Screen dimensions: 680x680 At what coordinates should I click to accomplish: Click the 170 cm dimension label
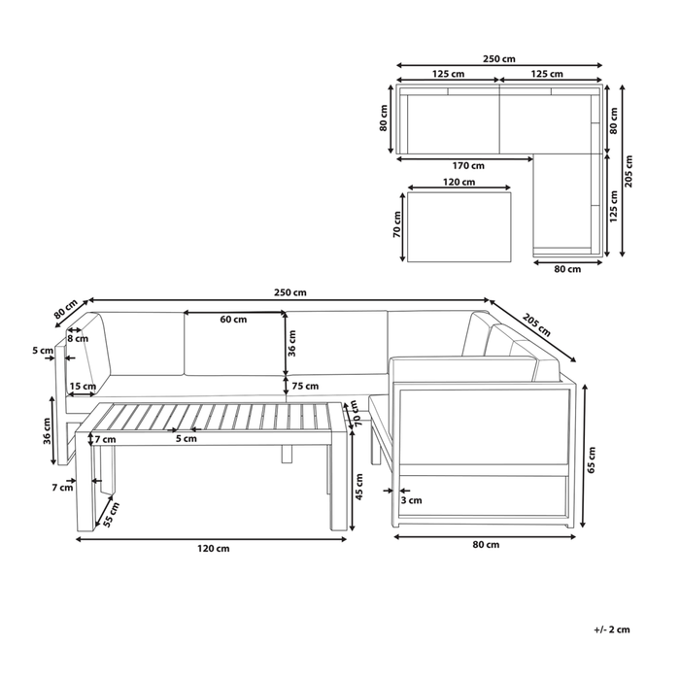point(469,165)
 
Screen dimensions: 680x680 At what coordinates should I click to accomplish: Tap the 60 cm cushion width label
point(232,320)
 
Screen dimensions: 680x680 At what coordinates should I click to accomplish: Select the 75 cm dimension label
point(305,386)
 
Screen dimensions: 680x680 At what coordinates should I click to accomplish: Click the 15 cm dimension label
point(83,386)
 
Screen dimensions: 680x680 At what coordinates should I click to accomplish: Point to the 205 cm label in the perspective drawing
point(534,321)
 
